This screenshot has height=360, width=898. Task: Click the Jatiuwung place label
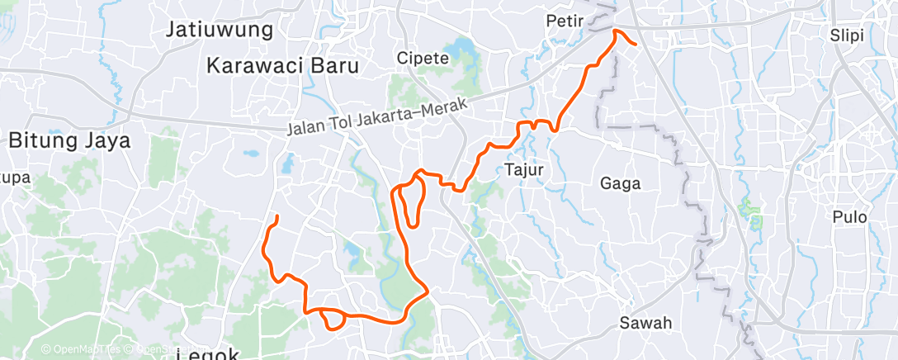(x=220, y=31)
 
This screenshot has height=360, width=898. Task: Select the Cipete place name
(x=423, y=58)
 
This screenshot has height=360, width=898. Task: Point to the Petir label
(x=565, y=20)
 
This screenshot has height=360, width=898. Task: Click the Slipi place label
(x=853, y=35)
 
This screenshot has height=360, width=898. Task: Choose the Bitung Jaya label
(x=70, y=140)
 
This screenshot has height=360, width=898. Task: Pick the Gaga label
(x=621, y=183)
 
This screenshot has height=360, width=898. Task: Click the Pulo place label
(x=849, y=217)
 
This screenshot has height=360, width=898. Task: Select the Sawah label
(x=648, y=323)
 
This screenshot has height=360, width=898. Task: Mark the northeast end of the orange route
(x=634, y=43)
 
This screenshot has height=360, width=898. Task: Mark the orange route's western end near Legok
(x=276, y=217)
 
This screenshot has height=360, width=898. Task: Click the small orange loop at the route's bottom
(x=332, y=318)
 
